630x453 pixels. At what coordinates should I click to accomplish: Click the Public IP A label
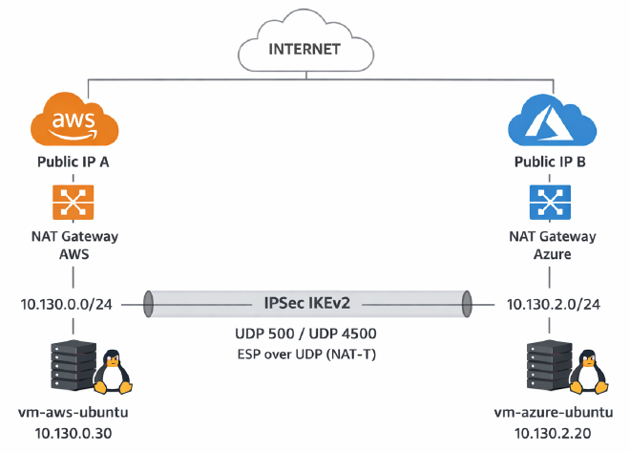73,162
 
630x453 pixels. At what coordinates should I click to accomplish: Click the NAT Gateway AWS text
73,244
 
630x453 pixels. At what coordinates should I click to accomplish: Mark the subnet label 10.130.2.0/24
549,304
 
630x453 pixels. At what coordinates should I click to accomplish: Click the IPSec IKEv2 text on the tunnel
306,303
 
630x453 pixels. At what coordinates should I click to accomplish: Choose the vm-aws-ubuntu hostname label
73,415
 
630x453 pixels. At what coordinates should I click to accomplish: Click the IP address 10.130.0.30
73,435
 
